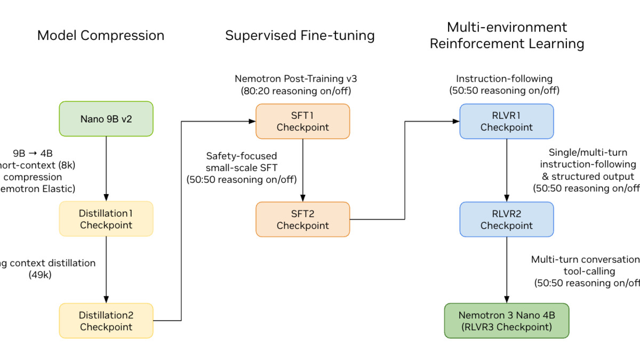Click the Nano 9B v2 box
pyautogui.click(x=106, y=118)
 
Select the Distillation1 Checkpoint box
pyautogui.click(x=106, y=219)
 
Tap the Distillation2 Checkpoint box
pyautogui.click(x=106, y=321)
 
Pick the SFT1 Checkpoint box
pyautogui.click(x=302, y=121)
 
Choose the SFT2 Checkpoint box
pyautogui.click(x=302, y=219)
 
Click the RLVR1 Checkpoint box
pyautogui.click(x=506, y=121)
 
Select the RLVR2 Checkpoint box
pyautogui.click(x=506, y=219)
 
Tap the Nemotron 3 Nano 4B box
pyautogui.click(x=506, y=321)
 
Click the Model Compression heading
pyautogui.click(x=101, y=36)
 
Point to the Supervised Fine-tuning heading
pyautogui.click(x=300, y=36)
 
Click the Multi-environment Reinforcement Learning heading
pyautogui.click(x=507, y=35)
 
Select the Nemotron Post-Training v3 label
pyautogui.click(x=296, y=79)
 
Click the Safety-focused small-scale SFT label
pyautogui.click(x=242, y=162)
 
